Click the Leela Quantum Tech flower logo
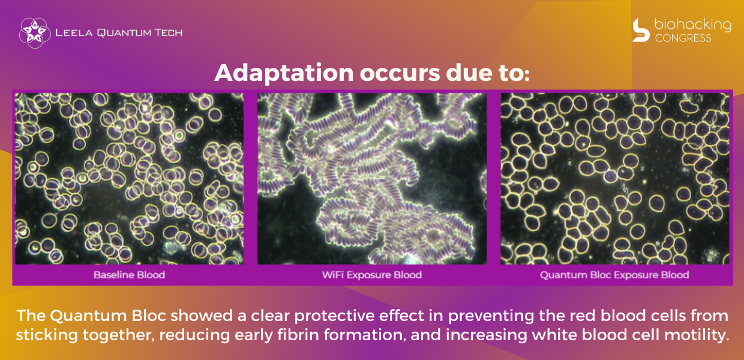coord(35,33)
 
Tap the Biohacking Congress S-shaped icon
coord(641,30)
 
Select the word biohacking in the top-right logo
coord(692,25)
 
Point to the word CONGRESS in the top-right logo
coord(683,38)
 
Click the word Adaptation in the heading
coord(284,73)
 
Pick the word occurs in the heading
coord(400,73)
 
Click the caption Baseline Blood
coord(129,275)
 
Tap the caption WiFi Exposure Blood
coord(372,275)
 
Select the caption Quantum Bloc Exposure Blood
coord(614,275)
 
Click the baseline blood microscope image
coord(129,179)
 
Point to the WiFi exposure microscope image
coord(372,179)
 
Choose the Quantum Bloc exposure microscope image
coord(615,179)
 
